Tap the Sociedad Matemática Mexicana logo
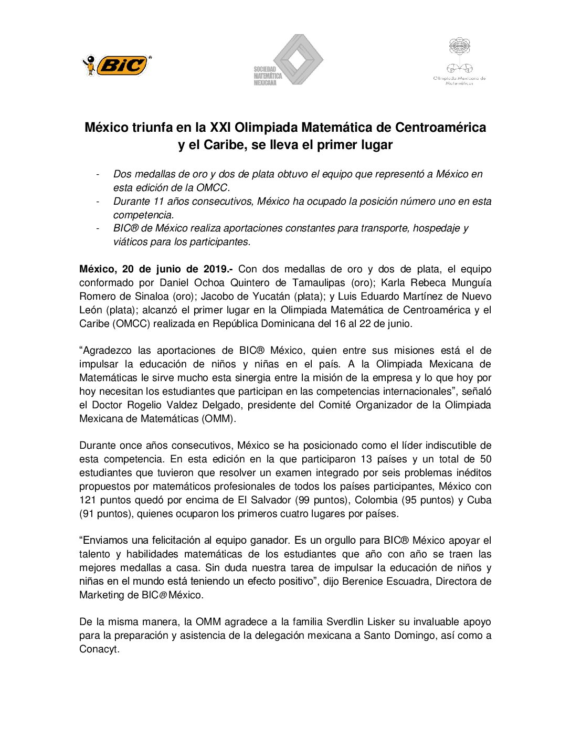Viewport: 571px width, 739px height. pyautogui.click(x=288, y=60)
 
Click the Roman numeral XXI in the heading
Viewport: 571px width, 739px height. pyautogui.click(x=220, y=128)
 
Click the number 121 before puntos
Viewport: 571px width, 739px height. pyautogui.click(x=88, y=500)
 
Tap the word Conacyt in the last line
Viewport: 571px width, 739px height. pyautogui.click(x=98, y=649)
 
